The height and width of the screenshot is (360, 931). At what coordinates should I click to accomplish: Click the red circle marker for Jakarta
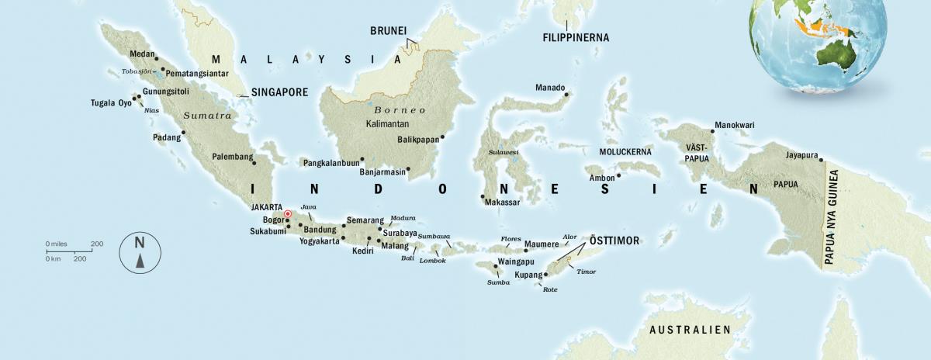[287, 213]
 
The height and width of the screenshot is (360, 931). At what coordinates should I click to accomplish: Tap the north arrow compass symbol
[140, 253]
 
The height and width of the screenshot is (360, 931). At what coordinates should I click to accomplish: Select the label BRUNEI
[388, 30]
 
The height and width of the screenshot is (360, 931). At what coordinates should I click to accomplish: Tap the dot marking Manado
[566, 95]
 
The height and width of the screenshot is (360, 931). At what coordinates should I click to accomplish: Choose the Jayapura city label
[801, 154]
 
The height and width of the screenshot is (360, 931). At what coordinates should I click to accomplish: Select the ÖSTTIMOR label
[614, 241]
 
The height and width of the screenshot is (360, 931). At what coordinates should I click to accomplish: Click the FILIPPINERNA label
[575, 37]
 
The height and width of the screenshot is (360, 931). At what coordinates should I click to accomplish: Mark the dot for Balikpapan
[442, 138]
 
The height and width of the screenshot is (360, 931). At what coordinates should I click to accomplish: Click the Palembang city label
[233, 157]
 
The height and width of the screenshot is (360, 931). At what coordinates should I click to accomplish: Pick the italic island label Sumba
[497, 282]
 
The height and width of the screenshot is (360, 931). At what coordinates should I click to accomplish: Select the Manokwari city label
[734, 125]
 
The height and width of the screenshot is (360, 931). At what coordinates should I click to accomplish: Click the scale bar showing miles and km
[74, 251]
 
